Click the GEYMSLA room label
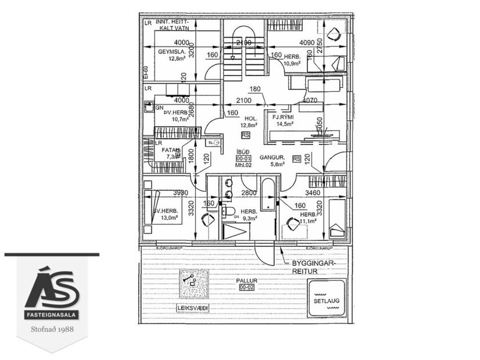click(x=171, y=51)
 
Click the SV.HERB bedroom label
click(x=165, y=211)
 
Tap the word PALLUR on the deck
click(x=246, y=280)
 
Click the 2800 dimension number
click(x=249, y=192)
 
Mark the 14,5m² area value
click(x=285, y=124)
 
